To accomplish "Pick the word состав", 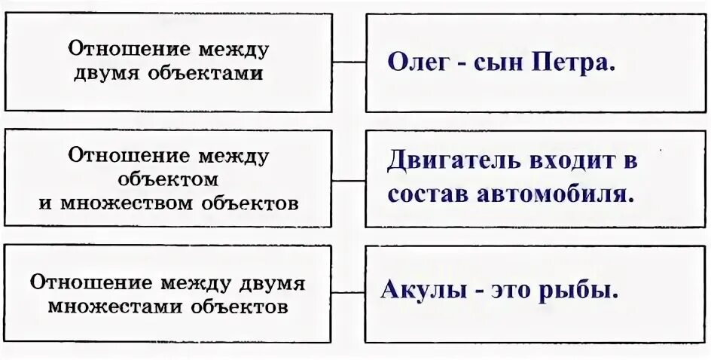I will point(429,194).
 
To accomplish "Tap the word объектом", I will point(169,179).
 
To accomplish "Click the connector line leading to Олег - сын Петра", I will point(349,63).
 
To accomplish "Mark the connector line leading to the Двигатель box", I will point(349,180).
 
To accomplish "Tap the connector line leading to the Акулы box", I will point(349,292).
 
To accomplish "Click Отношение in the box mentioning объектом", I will point(118,157).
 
